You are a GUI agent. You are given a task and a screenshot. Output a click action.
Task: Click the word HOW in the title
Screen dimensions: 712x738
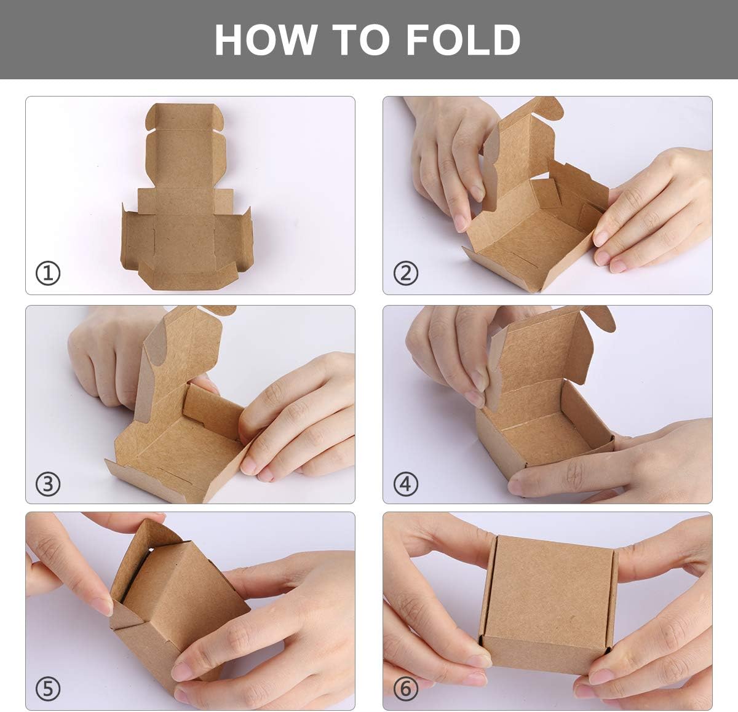266,41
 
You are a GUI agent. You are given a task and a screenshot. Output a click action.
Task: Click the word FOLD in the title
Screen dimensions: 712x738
462,41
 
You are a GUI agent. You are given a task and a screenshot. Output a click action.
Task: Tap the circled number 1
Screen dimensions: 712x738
48,272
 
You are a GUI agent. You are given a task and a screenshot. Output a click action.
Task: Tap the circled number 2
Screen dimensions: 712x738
405,272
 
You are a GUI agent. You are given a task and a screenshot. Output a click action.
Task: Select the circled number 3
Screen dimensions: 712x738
48,484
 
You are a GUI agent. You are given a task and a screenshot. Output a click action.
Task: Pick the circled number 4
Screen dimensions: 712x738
405,484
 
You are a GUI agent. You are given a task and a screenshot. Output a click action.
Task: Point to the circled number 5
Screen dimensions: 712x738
48,689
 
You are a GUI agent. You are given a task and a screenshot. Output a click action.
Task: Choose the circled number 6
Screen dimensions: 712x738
405,689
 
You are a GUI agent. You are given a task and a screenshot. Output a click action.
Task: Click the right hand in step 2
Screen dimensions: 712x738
652,209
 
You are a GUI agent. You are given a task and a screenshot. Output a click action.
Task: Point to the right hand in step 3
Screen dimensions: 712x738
295,418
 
